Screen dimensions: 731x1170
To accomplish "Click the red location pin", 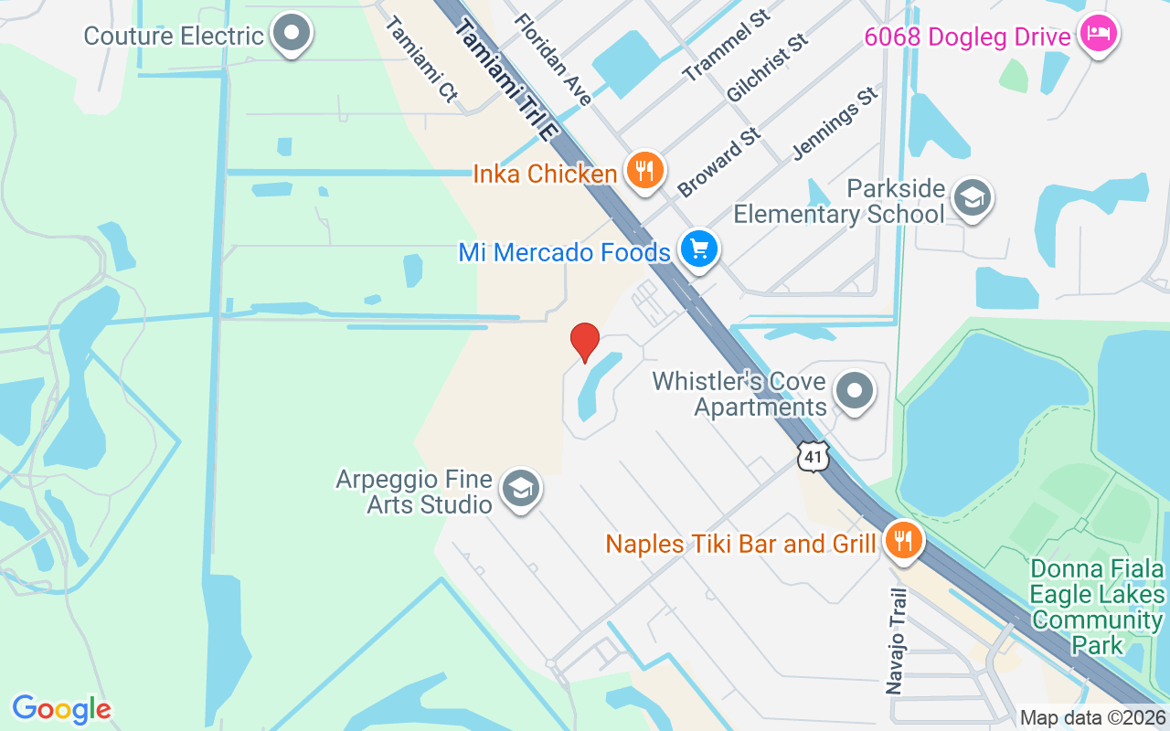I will pyautogui.click(x=585, y=342).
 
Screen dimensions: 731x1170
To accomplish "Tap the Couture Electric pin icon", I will pyautogui.click(x=292, y=34).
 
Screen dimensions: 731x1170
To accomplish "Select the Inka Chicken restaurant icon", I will pyautogui.click(x=645, y=170).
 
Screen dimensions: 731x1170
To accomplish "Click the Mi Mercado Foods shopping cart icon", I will pyautogui.click(x=699, y=249).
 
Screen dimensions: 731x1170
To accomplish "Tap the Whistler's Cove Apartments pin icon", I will pyautogui.click(x=855, y=391).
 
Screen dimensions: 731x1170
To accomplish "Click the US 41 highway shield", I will pyautogui.click(x=813, y=457).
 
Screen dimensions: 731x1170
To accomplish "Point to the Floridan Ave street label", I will pyautogui.click(x=553, y=59).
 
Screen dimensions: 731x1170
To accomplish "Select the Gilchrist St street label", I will pyautogui.click(x=768, y=69).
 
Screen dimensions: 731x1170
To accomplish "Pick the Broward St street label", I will pyautogui.click(x=719, y=163).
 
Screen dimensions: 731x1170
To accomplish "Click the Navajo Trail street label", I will pyautogui.click(x=898, y=640).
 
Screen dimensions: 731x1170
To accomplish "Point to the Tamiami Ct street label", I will pyautogui.click(x=421, y=59).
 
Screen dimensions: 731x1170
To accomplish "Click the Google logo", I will pyautogui.click(x=61, y=709).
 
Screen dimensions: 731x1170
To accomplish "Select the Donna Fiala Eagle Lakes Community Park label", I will pyautogui.click(x=1096, y=607).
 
